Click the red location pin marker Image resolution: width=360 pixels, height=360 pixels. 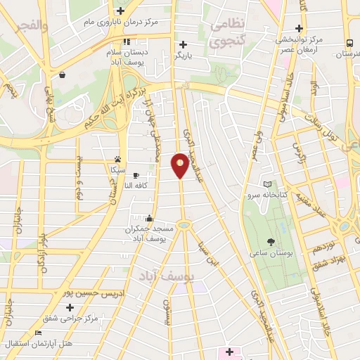click(181, 165)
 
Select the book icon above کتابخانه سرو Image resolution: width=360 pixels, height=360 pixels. click(266, 184)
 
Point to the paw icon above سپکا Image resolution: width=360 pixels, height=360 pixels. click(117, 159)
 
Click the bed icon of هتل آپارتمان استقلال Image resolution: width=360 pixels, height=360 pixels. click(38, 333)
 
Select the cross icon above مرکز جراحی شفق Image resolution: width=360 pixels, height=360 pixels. click(70, 307)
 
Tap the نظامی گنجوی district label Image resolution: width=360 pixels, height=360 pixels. click(229, 32)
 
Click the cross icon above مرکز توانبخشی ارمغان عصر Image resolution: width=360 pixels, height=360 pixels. click(300, 29)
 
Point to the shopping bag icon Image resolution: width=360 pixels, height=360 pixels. click(63, 74)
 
